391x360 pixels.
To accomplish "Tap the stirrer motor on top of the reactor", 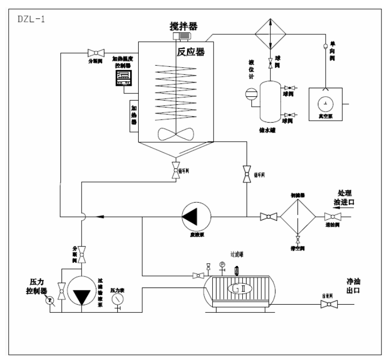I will (x=181, y=36).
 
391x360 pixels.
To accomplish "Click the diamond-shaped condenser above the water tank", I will (x=270, y=33).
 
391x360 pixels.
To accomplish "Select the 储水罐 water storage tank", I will (x=271, y=102).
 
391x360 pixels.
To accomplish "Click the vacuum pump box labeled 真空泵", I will (x=326, y=103).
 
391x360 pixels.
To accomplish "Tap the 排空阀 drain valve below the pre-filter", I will (x=298, y=239).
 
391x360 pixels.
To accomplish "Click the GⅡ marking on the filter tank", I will (x=237, y=289).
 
